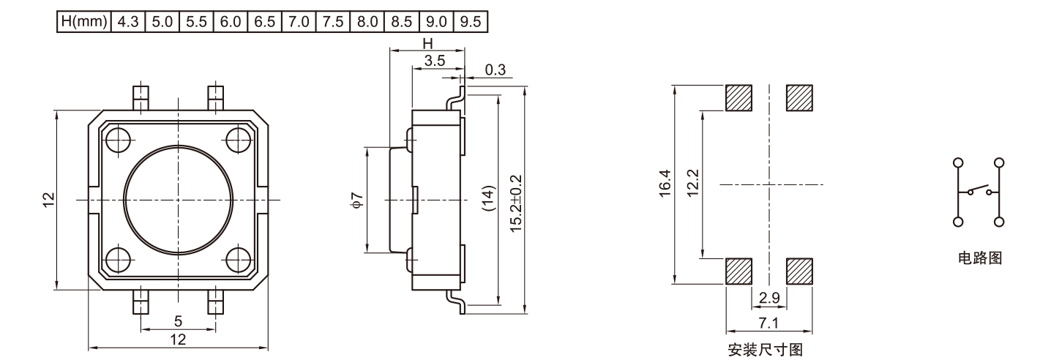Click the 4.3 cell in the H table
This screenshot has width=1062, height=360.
[x=128, y=22]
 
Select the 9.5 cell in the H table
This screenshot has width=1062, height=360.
[x=471, y=22]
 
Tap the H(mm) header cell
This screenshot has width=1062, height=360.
[x=84, y=22]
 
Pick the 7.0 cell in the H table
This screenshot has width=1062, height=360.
[x=299, y=22]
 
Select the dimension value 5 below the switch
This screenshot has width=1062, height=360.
[x=178, y=320]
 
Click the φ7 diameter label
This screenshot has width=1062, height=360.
[x=356, y=200]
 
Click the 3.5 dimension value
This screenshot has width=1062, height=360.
[x=435, y=61]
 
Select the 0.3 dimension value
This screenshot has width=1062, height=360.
[x=495, y=70]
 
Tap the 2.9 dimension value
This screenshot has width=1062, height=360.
[x=769, y=298]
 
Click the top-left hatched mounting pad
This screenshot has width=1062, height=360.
[x=738, y=98]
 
